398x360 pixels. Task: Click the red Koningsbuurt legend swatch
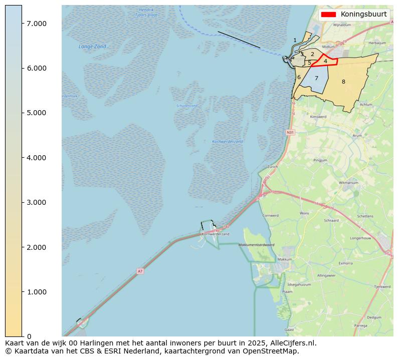point(329,15)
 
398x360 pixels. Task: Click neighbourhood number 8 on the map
point(343,82)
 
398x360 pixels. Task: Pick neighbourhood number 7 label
point(316,78)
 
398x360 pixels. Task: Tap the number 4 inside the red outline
point(325,61)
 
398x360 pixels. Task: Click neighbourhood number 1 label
point(295,40)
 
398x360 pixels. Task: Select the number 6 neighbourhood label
point(299,77)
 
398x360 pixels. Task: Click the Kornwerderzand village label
point(216,234)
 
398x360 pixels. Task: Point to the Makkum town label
point(284,259)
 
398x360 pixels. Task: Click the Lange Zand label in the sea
point(93,47)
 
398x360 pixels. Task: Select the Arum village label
point(357,135)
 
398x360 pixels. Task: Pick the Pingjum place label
point(320,160)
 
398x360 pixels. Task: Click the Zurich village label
point(272,167)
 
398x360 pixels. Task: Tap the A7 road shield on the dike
point(140,271)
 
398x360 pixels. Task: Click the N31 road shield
point(290,132)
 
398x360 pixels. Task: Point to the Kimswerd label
point(318,117)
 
